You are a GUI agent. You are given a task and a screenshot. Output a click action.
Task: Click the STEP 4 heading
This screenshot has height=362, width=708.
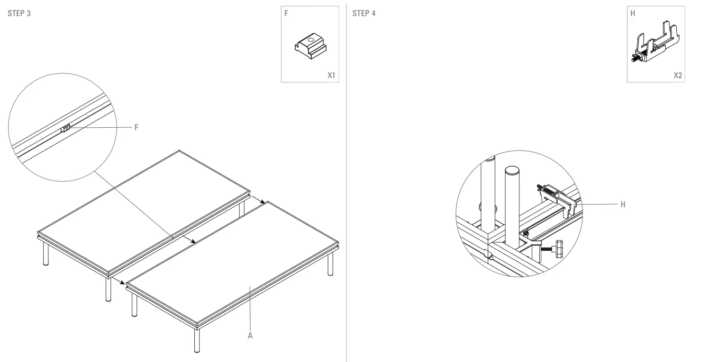[364, 13]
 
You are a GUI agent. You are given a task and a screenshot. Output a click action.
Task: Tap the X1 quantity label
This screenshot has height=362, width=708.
[331, 75]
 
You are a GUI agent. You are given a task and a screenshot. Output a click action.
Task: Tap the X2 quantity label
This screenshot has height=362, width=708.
[678, 75]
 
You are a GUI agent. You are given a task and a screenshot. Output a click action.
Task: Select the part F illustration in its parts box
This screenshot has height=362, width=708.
[310, 46]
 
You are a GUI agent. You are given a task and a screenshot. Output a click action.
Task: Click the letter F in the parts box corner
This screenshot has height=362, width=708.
[286, 13]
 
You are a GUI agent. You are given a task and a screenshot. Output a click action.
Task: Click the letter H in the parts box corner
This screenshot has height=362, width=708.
[633, 13]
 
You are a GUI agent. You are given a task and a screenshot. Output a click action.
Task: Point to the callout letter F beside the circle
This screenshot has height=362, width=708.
[136, 127]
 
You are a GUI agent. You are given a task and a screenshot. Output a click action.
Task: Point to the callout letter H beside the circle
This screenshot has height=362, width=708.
[623, 204]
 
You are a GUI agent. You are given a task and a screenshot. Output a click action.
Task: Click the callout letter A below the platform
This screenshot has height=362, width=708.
[250, 336]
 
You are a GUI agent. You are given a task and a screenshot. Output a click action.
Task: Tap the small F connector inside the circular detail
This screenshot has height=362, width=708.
[66, 128]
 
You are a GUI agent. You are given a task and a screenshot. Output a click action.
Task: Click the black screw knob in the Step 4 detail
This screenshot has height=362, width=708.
[559, 247]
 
